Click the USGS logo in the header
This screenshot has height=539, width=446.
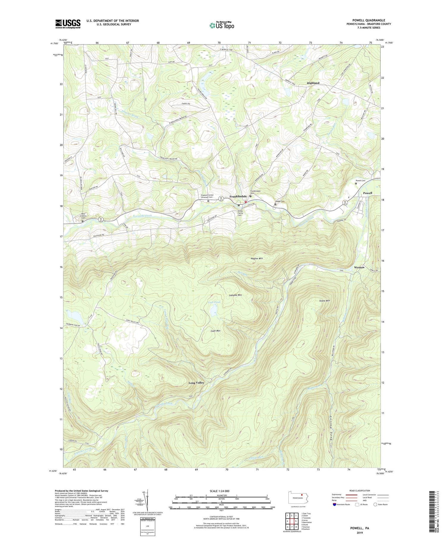pyautogui.click(x=68, y=24)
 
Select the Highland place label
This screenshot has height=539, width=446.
pyautogui.click(x=313, y=83)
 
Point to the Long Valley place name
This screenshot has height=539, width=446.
pyautogui.click(x=196, y=383)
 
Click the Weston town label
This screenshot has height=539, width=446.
pyautogui.click(x=359, y=267)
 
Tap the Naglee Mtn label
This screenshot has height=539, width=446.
pyautogui.click(x=257, y=258)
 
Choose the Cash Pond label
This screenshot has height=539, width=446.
pyautogui.click(x=214, y=302)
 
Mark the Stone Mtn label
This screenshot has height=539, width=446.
pyautogui.click(x=324, y=301)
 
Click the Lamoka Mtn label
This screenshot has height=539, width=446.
pyautogui.click(x=235, y=295)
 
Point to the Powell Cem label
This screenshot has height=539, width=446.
pyautogui.click(x=360, y=180)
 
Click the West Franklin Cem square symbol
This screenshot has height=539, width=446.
pyautogui.click(x=83, y=221)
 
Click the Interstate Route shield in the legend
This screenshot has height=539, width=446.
pyautogui.click(x=334, y=505)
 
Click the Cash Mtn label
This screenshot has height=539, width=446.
pyautogui.click(x=215, y=331)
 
